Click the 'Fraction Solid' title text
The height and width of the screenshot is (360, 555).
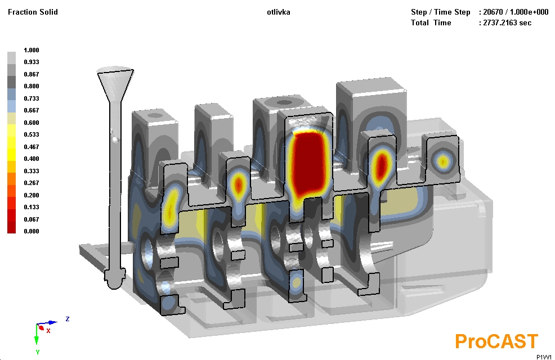click(33, 12)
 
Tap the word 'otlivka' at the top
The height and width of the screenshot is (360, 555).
click(279, 12)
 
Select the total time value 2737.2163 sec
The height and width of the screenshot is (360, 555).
click(507, 22)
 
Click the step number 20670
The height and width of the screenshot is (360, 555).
click(493, 12)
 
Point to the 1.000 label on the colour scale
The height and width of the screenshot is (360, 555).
click(32, 50)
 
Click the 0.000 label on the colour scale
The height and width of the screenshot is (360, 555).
click(32, 231)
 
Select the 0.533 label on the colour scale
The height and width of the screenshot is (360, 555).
click(32, 134)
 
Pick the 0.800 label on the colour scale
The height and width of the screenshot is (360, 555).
click(32, 86)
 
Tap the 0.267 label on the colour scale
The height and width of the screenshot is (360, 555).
click(32, 183)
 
